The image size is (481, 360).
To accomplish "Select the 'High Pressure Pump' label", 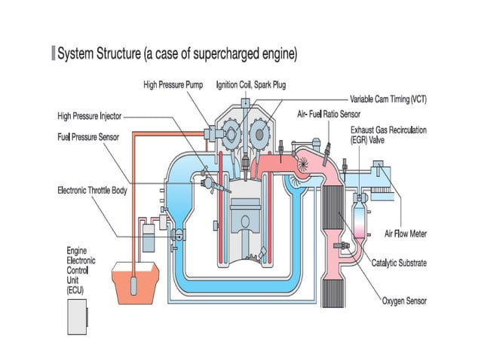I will tap(174, 85).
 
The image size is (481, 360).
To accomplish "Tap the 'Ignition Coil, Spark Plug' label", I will tap(251, 85).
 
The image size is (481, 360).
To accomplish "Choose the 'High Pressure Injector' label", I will tap(90, 116).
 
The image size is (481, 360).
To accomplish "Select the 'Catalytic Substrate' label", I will tap(400, 263).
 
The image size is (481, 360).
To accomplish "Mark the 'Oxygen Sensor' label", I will tap(404, 301).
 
